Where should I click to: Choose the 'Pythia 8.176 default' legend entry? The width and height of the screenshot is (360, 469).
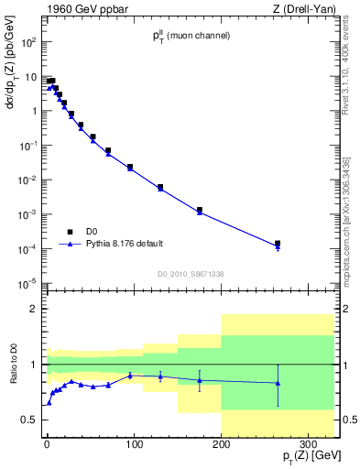coord(124,244)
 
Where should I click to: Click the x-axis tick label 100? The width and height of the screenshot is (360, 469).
coord(134,444)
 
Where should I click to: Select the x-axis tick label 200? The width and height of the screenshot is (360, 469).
coord(221,444)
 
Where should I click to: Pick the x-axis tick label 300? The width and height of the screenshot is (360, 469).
coord(308,444)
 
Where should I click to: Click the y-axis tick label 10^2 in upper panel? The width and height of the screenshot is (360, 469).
coord(28,42)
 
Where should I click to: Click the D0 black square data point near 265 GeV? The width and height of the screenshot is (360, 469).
coord(278,244)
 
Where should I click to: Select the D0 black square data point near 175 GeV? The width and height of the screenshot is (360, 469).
coord(199,210)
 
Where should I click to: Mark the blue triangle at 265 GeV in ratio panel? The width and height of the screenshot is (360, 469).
coord(278,383)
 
